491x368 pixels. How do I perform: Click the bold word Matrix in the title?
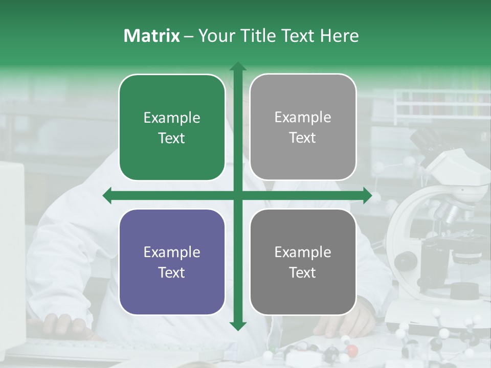(152, 36)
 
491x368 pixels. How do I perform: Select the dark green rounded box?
(172, 128)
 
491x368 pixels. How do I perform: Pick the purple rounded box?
(172, 262)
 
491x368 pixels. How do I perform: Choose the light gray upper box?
(303, 127)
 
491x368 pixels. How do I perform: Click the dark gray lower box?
(303, 262)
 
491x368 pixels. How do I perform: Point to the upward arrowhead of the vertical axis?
(237, 66)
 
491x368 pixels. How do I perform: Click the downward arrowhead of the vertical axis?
(237, 326)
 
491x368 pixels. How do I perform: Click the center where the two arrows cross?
(237, 196)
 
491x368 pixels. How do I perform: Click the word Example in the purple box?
(172, 252)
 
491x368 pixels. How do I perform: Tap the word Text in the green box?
(172, 139)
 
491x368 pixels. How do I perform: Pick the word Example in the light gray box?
(303, 118)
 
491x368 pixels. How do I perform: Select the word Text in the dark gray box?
(303, 273)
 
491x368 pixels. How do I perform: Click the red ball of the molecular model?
(352, 350)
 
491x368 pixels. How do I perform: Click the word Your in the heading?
(215, 36)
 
